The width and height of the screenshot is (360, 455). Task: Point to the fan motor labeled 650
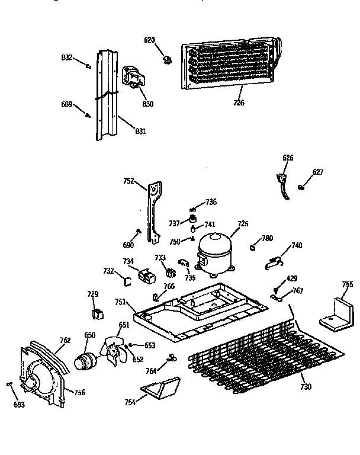86,360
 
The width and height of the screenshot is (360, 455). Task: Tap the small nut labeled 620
166,59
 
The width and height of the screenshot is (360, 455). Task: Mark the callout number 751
120,302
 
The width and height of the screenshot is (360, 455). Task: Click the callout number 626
288,158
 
